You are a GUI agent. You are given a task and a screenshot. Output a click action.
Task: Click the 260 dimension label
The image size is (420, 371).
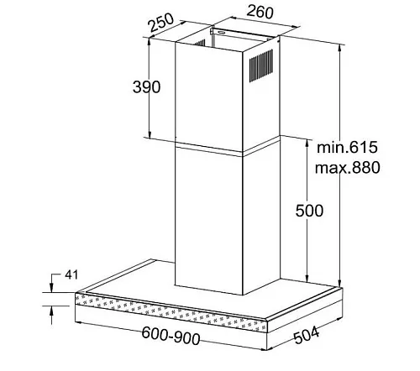click(260, 12)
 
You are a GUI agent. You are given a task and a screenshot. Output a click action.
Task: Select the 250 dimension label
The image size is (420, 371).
click(161, 22)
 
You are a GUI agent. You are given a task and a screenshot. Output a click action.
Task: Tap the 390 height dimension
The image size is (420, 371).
click(146, 86)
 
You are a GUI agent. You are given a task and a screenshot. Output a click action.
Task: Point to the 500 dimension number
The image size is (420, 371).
click(309, 211)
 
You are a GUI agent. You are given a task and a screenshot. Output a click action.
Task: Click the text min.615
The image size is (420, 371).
click(347, 147)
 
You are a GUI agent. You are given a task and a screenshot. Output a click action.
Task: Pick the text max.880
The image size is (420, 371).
click(348, 168)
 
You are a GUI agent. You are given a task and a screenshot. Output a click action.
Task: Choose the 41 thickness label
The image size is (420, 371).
click(71, 274)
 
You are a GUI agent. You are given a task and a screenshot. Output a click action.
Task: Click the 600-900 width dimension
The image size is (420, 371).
click(171, 336)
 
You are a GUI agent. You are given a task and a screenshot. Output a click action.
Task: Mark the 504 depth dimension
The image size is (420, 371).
click(307, 335)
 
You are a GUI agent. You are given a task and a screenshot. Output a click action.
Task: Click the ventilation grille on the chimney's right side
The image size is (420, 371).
click(261, 65)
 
